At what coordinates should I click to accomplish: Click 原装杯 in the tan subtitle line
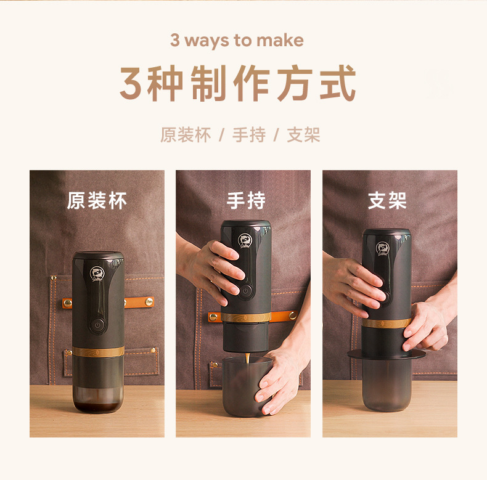(186, 135)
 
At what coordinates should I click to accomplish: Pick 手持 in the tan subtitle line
(248, 135)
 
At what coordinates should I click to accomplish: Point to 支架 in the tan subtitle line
(303, 135)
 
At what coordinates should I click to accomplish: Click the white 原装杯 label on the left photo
(97, 201)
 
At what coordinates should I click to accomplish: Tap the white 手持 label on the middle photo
(245, 201)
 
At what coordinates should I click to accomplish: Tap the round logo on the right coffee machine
(383, 248)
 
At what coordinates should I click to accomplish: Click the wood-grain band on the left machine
(98, 352)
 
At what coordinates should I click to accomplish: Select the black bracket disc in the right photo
(386, 354)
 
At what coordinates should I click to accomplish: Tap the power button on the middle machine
(245, 290)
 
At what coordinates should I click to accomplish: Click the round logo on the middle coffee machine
(245, 241)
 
